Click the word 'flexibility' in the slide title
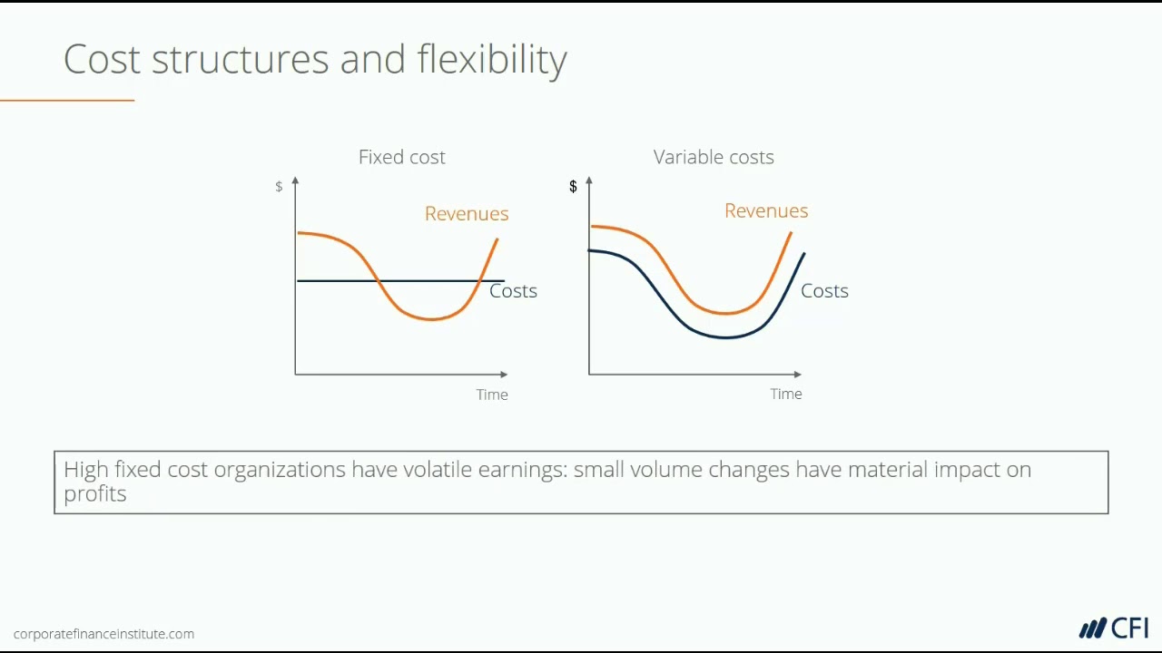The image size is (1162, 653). (x=492, y=60)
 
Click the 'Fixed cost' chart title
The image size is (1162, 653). (x=401, y=157)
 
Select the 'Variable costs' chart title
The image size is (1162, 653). (x=714, y=157)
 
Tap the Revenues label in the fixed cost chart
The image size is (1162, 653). (x=467, y=213)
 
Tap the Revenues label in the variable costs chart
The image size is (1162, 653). (x=766, y=210)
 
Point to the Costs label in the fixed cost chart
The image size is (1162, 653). (x=513, y=291)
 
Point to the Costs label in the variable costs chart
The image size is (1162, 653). (x=824, y=291)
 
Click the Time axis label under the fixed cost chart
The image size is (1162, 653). (x=492, y=395)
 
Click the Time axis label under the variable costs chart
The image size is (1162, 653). (x=786, y=394)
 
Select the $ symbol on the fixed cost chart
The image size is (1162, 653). (x=279, y=187)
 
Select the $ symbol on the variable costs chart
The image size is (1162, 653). (x=573, y=187)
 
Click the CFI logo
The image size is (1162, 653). (x=1114, y=628)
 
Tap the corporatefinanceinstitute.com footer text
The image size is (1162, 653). (x=103, y=634)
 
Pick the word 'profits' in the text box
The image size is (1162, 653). (x=94, y=494)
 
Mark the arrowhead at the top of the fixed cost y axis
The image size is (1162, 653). (x=295, y=181)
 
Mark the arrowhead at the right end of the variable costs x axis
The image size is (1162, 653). (x=797, y=374)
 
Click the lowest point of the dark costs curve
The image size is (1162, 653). (x=725, y=337)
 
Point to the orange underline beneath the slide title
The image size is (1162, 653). (x=67, y=100)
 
